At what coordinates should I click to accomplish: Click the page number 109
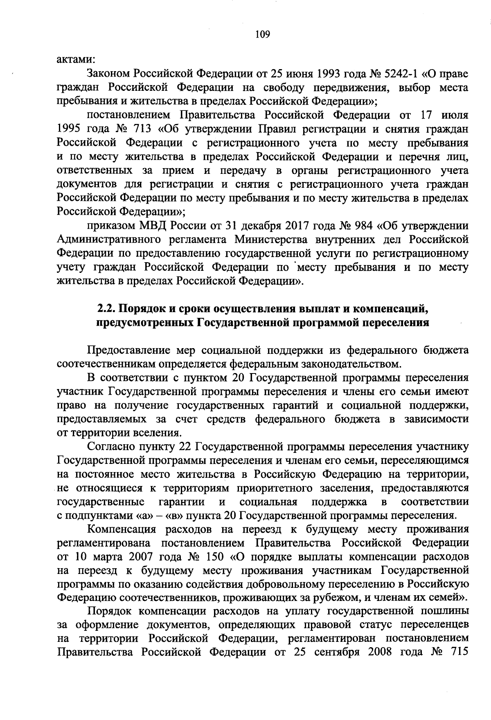click(262, 34)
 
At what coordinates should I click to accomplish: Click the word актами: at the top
click(76, 60)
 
